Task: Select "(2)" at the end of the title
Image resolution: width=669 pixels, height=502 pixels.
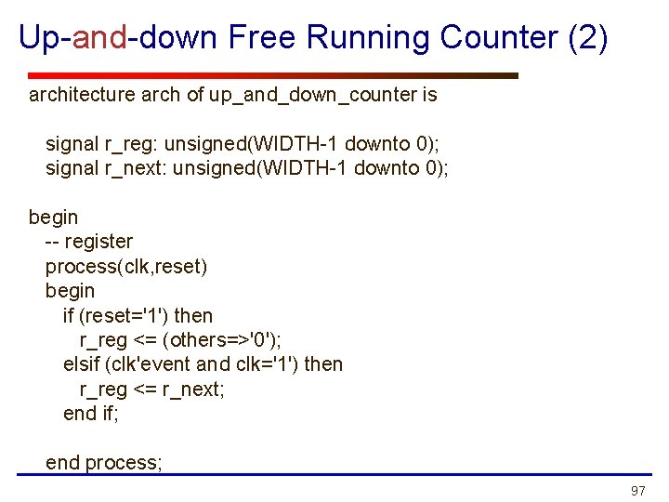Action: point(587,37)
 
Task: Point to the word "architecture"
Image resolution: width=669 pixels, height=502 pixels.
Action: point(82,95)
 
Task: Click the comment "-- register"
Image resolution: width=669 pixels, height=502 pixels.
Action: point(89,242)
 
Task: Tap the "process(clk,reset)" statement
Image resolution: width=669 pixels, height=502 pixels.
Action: point(126,267)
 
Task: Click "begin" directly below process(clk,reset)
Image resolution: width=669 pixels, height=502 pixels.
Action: point(70,291)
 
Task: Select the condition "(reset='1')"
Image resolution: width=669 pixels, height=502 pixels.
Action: point(137,316)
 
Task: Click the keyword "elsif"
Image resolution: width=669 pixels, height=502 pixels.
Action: point(81,364)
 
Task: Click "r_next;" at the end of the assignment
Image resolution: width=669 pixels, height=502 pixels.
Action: point(193,390)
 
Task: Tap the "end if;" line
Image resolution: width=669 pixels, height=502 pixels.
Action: point(91,414)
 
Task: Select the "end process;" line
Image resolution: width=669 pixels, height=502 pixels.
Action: point(104,463)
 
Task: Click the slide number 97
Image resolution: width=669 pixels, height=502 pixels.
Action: point(637,490)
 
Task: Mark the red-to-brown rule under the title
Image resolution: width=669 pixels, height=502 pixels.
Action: point(273,75)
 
